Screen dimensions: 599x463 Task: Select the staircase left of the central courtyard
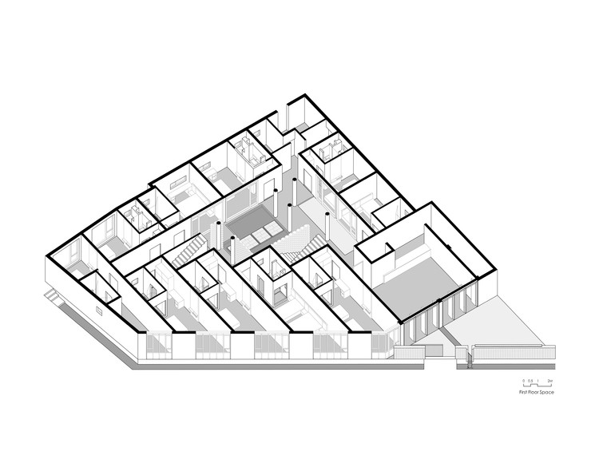[186, 255]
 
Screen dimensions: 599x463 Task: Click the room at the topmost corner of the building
[299, 112]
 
